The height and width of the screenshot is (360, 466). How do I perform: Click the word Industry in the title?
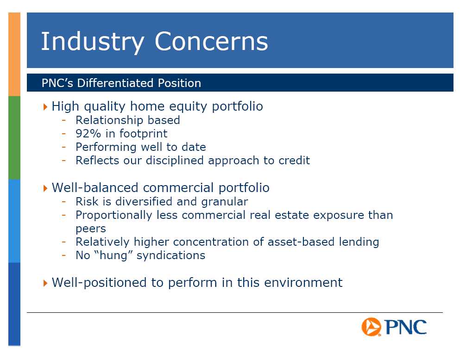pyautogui.click(x=93, y=42)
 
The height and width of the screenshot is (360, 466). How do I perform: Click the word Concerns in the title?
pyautogui.click(x=211, y=41)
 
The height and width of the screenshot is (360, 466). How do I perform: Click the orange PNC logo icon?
pyautogui.click(x=371, y=327)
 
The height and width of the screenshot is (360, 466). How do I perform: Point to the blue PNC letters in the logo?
pyautogui.click(x=406, y=327)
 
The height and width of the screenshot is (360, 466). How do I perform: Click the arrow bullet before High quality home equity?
pyautogui.click(x=45, y=106)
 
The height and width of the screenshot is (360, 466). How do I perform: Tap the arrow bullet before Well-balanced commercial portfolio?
pyautogui.click(x=45, y=188)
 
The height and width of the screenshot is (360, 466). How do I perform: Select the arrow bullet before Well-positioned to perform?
pyautogui.click(x=45, y=283)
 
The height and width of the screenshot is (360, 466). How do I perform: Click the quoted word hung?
pyautogui.click(x=113, y=255)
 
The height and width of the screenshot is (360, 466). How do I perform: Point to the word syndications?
pyautogui.click(x=171, y=255)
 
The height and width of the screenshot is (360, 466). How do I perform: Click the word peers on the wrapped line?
pyautogui.click(x=91, y=229)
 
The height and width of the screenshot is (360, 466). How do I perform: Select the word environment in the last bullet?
pyautogui.click(x=303, y=283)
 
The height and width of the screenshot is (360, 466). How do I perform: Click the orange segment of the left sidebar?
pyautogui.click(x=14, y=54)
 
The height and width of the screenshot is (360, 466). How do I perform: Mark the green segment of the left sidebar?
pyautogui.click(x=14, y=138)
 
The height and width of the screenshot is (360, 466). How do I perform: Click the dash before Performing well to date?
pyautogui.click(x=63, y=147)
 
